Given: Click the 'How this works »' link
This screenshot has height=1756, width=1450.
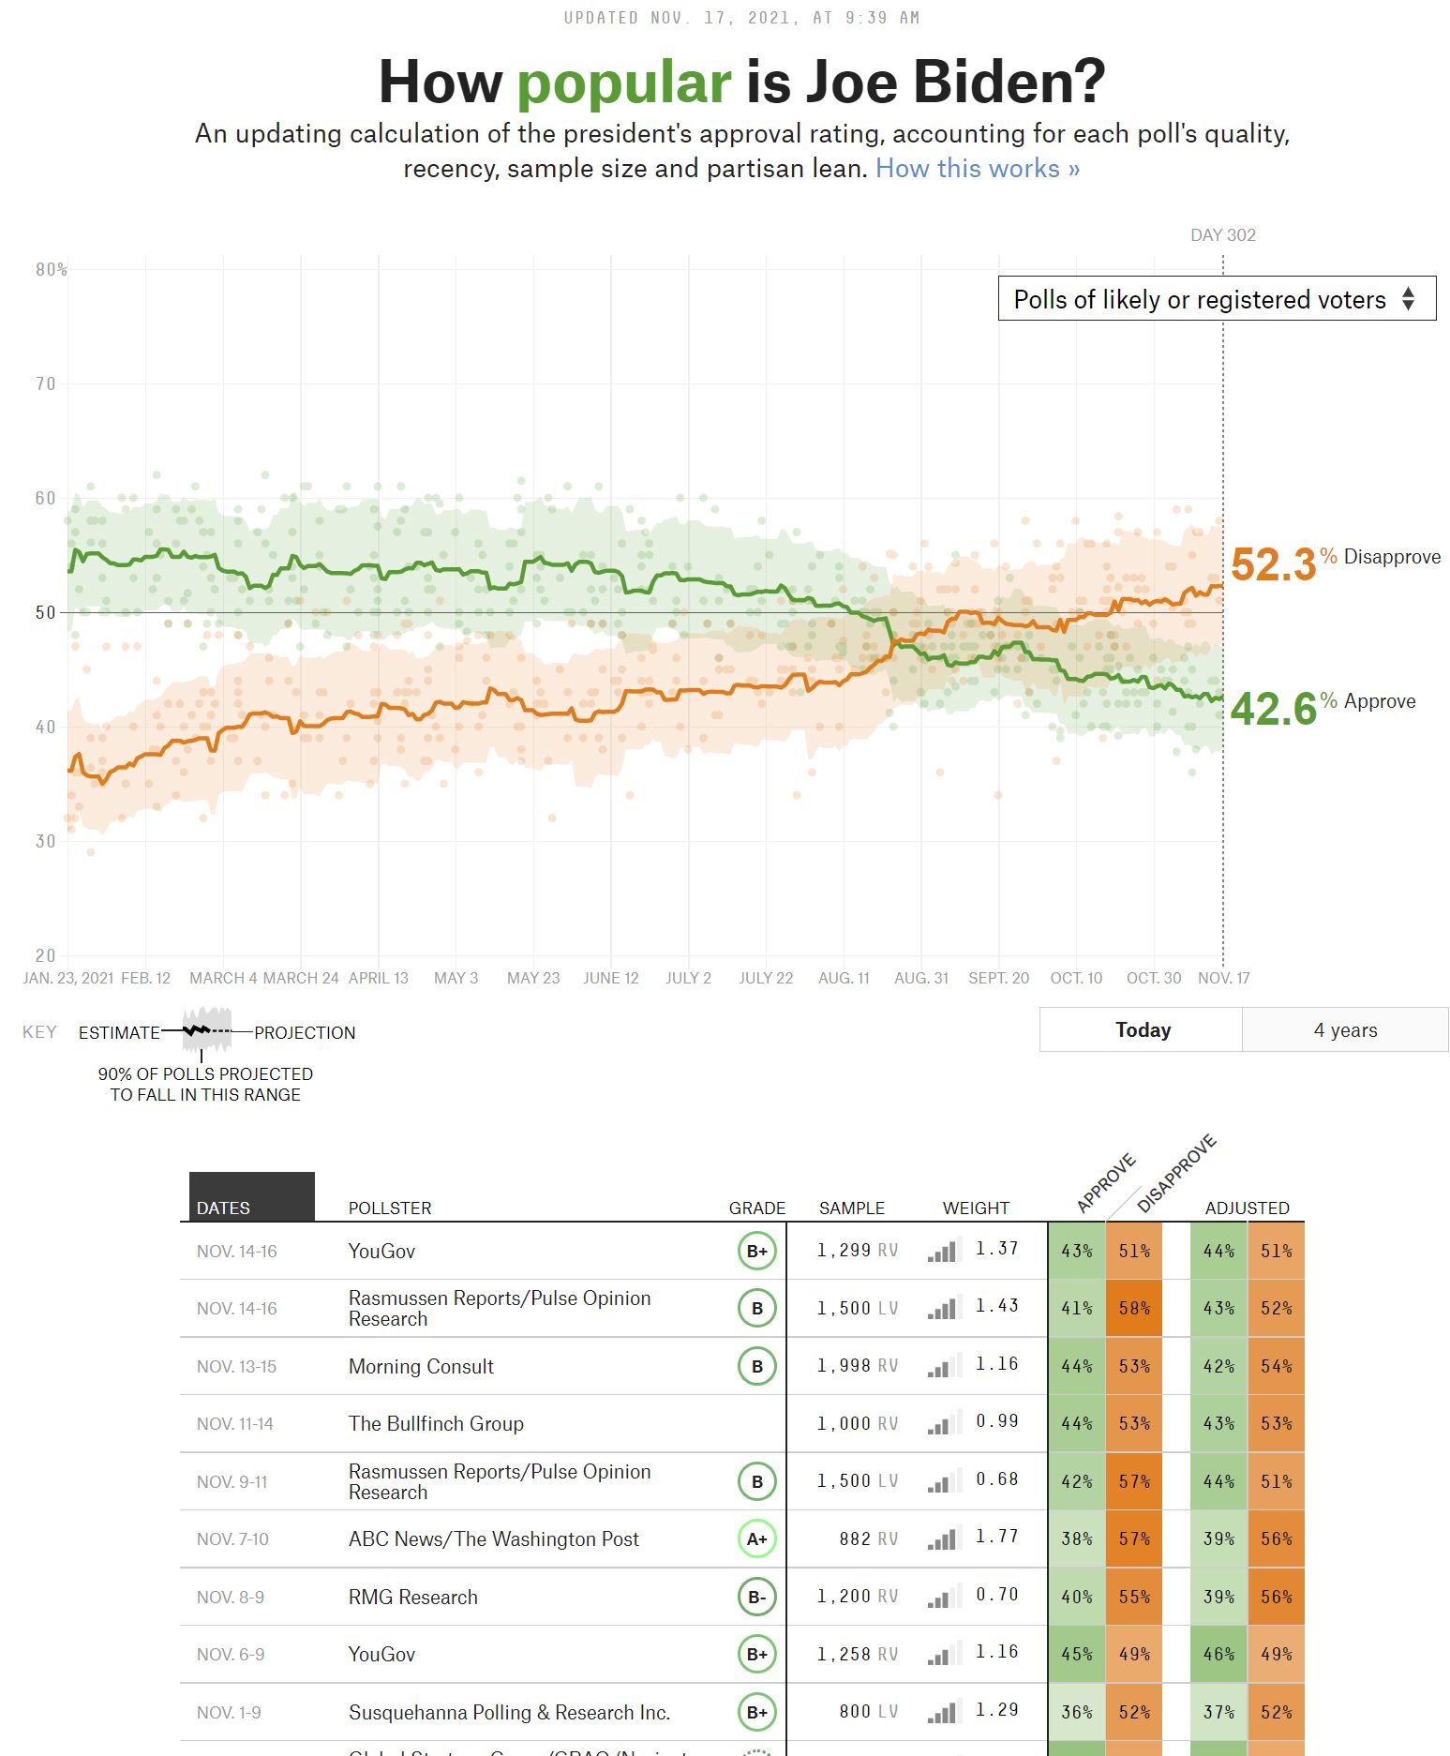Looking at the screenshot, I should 977,169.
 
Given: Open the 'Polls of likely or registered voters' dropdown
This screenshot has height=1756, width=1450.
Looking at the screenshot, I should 1216,299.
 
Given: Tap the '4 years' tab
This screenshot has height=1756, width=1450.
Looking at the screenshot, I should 1344,1030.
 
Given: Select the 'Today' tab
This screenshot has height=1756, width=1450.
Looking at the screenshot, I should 1142,1030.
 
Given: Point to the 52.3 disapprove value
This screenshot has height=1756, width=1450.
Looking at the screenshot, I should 1273,564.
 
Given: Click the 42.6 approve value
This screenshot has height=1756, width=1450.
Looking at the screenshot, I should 1273,709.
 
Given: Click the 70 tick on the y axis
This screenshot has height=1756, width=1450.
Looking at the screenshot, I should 46,383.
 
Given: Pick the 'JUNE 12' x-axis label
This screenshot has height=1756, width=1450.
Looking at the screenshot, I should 610,978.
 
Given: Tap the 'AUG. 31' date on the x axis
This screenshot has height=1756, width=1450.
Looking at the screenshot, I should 920,978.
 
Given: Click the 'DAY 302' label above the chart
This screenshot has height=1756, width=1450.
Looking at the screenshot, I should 1222,235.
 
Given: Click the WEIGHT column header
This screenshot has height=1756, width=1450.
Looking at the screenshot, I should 975,1208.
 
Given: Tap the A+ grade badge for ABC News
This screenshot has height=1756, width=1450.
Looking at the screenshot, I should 756,1538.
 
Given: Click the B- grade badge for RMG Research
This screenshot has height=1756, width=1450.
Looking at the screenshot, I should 756,1597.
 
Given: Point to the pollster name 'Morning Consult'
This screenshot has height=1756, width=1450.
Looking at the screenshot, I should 421,1366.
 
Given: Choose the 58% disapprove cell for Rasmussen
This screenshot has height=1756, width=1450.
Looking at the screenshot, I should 1133,1308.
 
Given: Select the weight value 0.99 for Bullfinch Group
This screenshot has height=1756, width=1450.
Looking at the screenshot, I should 996,1421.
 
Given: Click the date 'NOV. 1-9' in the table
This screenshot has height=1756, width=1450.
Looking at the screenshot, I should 229,1712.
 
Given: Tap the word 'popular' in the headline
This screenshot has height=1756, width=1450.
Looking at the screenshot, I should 623,82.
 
